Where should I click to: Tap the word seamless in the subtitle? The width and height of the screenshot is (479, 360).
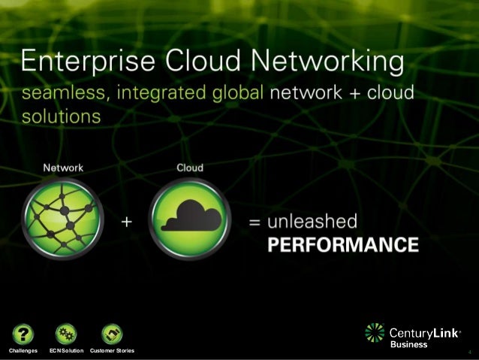pyautogui.click(x=62, y=95)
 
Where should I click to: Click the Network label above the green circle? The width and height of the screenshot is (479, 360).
pyautogui.click(x=62, y=167)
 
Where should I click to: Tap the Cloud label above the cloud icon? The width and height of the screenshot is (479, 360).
pyautogui.click(x=189, y=167)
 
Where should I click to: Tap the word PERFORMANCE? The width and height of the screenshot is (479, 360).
pyautogui.click(x=342, y=244)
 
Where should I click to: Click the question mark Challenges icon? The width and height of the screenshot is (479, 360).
pyautogui.click(x=24, y=333)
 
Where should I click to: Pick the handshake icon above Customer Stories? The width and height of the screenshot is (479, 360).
pyautogui.click(x=111, y=333)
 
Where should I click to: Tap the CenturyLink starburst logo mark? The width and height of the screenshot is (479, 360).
pyautogui.click(x=374, y=334)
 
